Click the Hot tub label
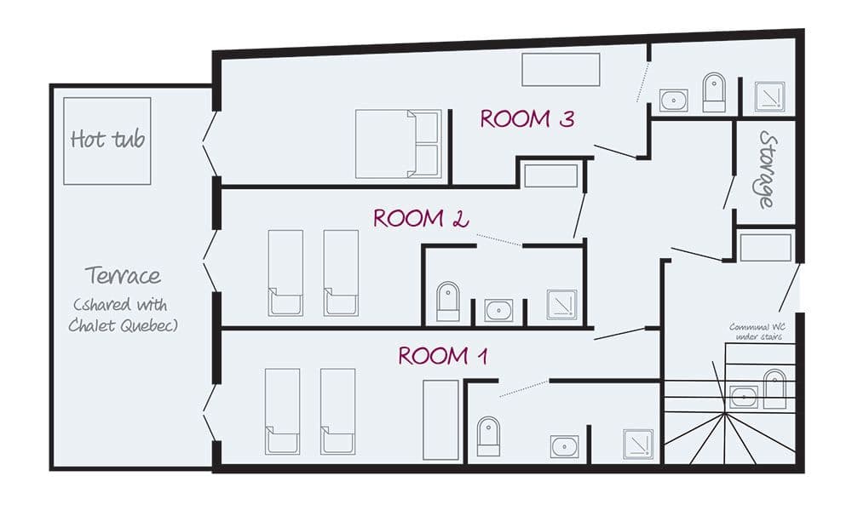pos(107,139)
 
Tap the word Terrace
pos(123,276)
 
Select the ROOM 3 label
pos(527,119)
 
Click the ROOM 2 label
pos(421,219)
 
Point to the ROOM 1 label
pos(442,355)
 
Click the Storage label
pos(767,170)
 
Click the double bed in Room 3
pos(398,145)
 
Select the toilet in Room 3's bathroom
pos(713,92)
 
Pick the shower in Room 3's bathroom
pos(769,97)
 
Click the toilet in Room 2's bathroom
pos(447,301)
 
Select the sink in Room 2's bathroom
pos(498,310)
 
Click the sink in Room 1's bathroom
pos(564,446)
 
